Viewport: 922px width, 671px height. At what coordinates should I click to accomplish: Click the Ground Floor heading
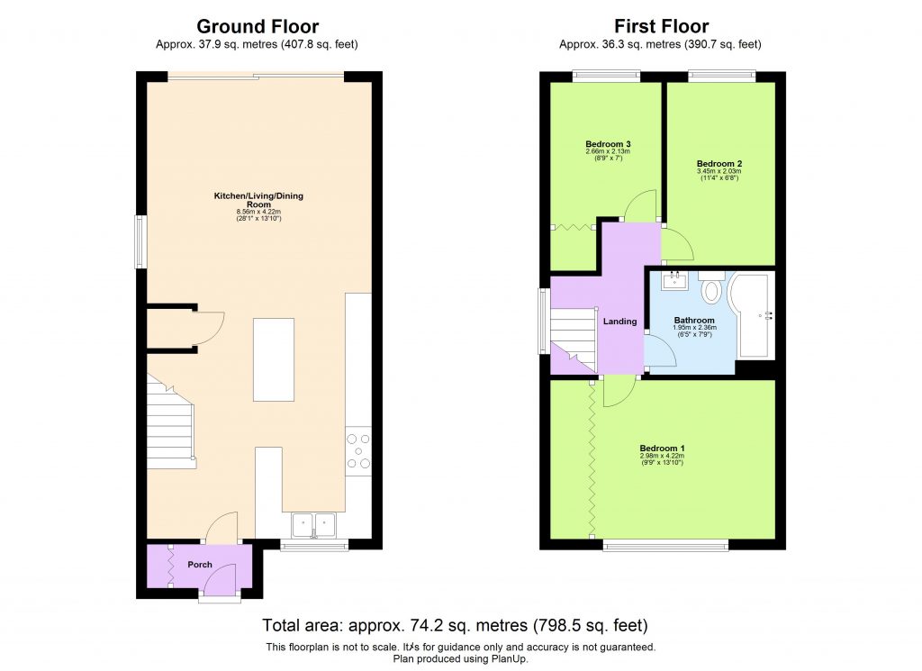tap(257, 26)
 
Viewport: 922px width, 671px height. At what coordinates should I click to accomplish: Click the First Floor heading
tap(662, 26)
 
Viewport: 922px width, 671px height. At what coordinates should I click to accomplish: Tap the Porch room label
tap(200, 565)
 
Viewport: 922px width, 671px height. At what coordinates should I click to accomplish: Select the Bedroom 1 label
tap(663, 448)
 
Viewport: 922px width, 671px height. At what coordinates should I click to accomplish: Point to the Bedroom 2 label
tap(719, 163)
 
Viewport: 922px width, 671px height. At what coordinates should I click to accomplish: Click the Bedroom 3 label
tap(607, 144)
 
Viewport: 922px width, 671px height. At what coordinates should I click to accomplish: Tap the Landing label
tap(620, 321)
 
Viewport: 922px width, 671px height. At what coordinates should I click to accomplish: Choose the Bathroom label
tap(694, 321)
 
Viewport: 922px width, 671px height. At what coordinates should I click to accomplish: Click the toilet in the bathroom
tap(711, 290)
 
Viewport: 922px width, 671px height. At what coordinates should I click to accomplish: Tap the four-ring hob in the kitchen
tap(357, 451)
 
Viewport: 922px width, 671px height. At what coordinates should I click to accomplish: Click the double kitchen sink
tap(313, 522)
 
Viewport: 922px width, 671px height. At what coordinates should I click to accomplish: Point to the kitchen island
tap(274, 359)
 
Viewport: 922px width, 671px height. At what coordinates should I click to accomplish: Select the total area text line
tap(455, 624)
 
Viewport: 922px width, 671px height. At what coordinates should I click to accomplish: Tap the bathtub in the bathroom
tap(752, 315)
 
